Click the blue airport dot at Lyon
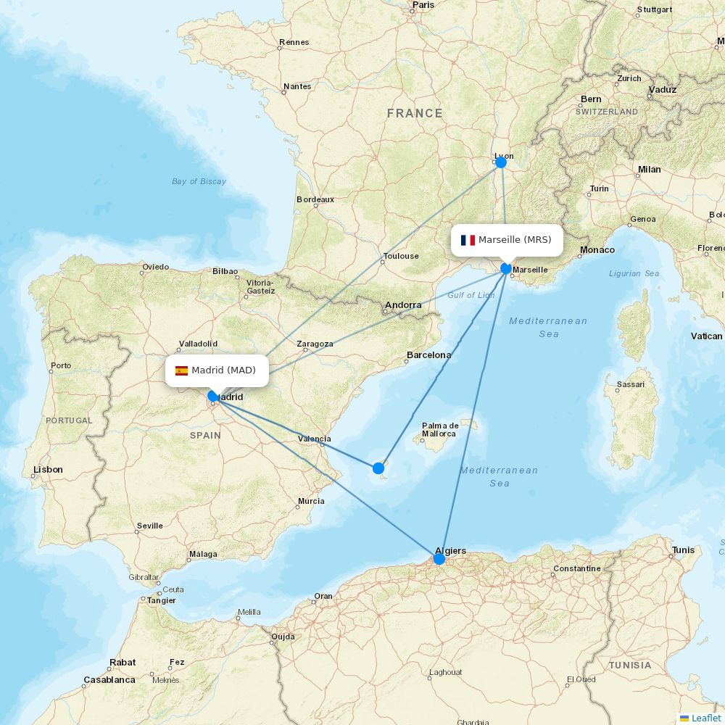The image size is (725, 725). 500,162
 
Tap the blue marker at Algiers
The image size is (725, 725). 439,559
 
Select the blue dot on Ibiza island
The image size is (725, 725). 378,468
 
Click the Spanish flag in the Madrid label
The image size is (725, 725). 181,370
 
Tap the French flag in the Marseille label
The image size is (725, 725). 468,240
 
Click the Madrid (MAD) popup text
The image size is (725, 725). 223,370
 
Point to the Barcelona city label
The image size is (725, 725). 428,355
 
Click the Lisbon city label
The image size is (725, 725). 48,470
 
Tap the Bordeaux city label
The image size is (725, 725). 315,199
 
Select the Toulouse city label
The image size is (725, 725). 401,256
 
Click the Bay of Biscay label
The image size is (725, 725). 199,181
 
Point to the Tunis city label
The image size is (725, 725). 683,550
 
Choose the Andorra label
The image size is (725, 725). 403,305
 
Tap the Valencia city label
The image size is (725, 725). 315,439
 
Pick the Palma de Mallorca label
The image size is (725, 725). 440,430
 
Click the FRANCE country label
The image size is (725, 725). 415,113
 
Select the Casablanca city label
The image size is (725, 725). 109,680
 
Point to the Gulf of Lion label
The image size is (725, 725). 471,295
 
